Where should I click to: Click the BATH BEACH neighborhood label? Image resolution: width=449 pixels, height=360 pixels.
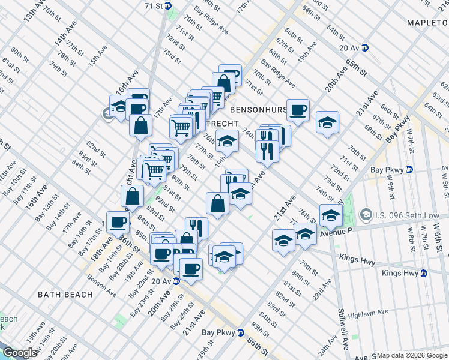coord(65,295)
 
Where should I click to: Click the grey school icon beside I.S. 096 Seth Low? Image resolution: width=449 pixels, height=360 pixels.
coord(366,214)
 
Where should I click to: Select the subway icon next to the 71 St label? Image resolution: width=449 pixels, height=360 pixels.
coord(169,5)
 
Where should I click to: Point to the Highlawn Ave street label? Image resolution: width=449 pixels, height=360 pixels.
coord(365,313)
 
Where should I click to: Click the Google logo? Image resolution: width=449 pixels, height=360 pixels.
coord(19,353)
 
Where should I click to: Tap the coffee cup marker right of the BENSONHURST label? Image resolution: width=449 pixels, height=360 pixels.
coord(298,109)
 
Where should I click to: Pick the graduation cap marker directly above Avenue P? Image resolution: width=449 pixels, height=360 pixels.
coord(331,214)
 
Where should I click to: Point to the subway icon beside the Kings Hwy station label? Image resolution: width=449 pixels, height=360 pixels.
coord(424,273)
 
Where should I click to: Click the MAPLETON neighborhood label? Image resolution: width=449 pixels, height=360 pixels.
coord(427,23)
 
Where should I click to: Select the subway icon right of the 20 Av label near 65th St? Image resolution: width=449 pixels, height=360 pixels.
coord(364,47)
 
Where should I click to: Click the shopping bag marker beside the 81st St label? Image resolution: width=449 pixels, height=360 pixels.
coord(217,202)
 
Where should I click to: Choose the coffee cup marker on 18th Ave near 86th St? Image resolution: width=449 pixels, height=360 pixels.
coord(118,221)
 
